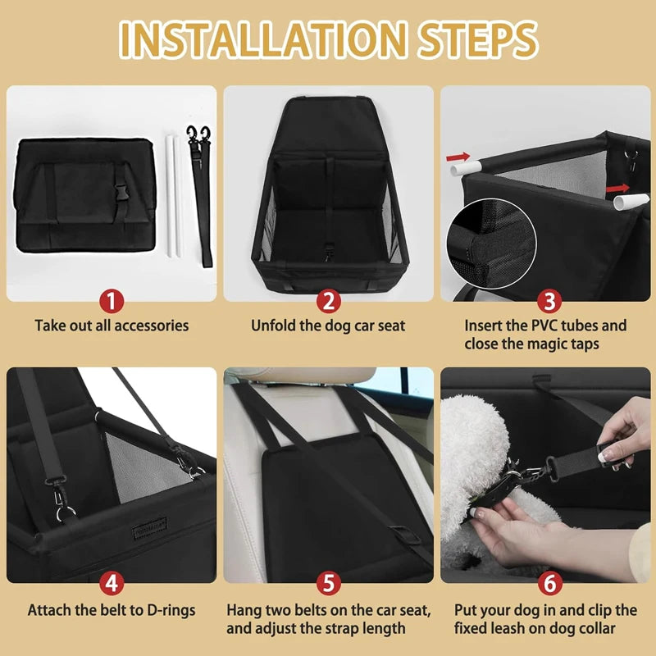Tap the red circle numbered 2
tap(328, 300)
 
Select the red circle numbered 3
tap(545, 300)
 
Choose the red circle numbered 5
tap(328, 583)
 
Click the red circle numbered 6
tap(545, 583)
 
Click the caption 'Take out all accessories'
tap(112, 326)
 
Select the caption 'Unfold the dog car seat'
tap(328, 326)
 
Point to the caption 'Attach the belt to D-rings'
tap(112, 610)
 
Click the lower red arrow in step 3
tap(617, 189)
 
